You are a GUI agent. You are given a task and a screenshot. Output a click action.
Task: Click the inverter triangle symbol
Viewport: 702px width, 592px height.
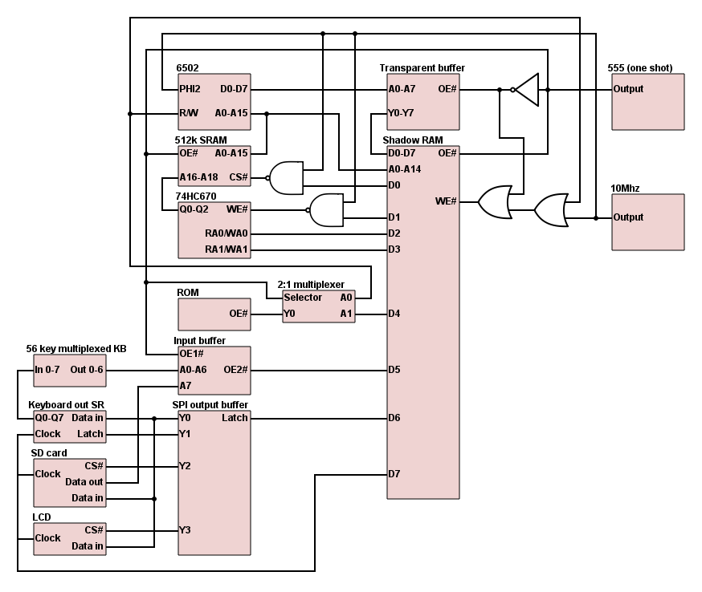coord(526,90)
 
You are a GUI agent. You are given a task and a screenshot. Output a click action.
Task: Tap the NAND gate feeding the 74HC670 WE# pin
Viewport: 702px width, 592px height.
coord(325,209)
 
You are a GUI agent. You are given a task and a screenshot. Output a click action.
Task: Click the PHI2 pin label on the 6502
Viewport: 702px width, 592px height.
coord(190,89)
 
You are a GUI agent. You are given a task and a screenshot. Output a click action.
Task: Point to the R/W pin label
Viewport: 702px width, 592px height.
coord(189,113)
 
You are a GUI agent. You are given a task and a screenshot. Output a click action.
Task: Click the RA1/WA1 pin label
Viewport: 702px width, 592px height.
coord(227,249)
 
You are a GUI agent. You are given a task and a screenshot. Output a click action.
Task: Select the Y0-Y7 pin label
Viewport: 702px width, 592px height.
coord(401,113)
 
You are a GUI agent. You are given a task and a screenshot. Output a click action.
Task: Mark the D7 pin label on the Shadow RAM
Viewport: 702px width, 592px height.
coord(394,474)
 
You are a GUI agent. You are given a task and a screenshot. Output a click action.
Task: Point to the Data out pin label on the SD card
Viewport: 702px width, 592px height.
coord(84,482)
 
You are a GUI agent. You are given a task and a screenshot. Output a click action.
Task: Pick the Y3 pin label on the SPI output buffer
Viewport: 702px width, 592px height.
coord(185,530)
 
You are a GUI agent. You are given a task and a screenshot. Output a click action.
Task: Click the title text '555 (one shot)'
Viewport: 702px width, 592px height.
coord(642,68)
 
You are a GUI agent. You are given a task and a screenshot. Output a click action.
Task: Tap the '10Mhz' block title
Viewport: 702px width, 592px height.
coord(626,189)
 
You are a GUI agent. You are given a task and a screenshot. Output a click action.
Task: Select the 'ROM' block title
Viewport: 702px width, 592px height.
coord(187,293)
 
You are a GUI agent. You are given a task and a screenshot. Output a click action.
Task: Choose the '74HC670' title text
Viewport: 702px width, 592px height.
coord(196,196)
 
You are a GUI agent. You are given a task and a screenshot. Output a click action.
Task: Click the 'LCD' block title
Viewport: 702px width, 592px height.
coord(41,517)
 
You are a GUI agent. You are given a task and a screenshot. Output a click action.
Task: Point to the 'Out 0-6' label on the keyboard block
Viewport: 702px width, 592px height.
coord(87,370)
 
